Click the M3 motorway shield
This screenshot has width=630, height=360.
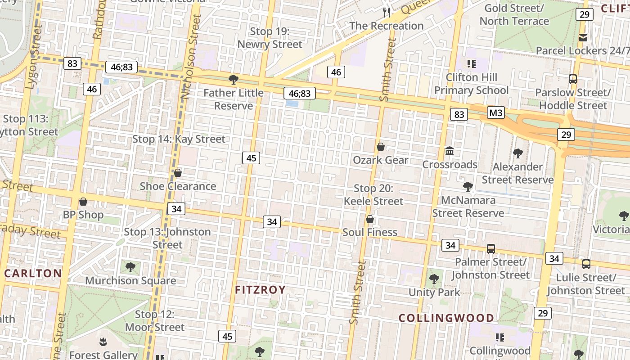tap(495, 112)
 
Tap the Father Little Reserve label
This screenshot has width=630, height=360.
tap(234, 99)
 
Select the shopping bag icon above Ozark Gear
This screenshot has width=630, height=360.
tap(381, 147)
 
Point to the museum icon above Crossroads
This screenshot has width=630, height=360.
tap(450, 151)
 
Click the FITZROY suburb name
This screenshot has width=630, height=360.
tap(261, 289)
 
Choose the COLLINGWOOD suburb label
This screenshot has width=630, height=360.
tap(446, 318)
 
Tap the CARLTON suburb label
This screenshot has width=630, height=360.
tap(33, 273)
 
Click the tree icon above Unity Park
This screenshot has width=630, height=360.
tap(434, 279)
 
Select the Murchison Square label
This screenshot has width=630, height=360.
tap(130, 281)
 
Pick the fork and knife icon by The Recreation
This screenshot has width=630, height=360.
tap(387, 12)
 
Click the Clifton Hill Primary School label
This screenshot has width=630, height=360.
tap(471, 84)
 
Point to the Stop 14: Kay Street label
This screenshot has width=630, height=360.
tap(179, 139)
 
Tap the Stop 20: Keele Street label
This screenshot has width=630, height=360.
tap(373, 195)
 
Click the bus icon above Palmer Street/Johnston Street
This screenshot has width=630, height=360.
tap(490, 248)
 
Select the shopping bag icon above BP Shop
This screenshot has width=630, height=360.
tap(83, 201)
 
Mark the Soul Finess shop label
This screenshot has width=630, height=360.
tap(370, 232)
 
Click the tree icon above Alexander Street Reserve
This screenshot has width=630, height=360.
tap(518, 153)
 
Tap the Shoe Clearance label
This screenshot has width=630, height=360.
tap(178, 186)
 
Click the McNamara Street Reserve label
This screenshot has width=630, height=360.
tap(468, 207)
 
